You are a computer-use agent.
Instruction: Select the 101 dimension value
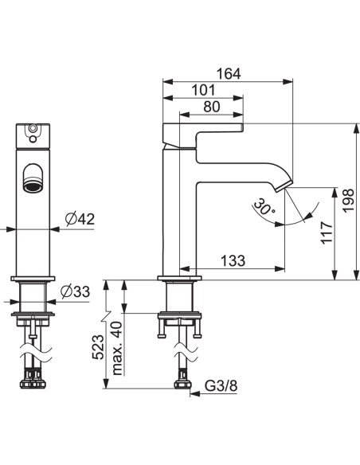tap(202, 89)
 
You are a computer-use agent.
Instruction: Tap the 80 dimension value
tap(212, 106)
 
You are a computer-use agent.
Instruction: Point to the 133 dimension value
tap(233, 260)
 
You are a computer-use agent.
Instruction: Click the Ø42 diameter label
tap(80, 219)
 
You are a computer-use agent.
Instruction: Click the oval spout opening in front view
tap(33, 178)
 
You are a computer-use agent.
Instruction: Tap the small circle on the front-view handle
tap(33, 130)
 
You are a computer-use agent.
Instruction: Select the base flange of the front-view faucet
tap(33, 279)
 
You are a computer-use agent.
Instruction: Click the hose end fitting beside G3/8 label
tap(184, 385)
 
